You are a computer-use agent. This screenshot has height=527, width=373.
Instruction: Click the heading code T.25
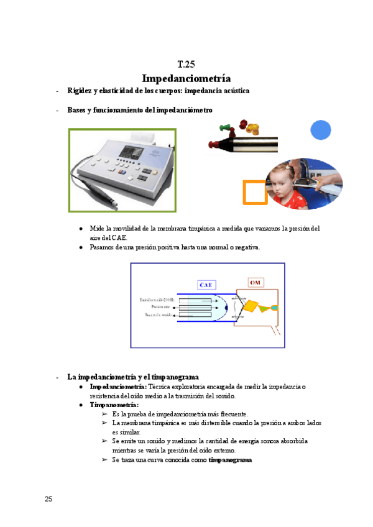pos(186,64)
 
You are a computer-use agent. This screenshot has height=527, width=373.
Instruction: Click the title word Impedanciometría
pos(186,78)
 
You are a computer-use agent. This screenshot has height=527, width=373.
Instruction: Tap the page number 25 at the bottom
pos(48,499)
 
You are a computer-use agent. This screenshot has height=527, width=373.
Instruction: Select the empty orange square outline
pos(255,192)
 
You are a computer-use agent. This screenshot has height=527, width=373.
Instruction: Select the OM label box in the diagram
pos(256,283)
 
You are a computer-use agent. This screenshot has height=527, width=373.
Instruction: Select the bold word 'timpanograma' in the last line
pos(230,460)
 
